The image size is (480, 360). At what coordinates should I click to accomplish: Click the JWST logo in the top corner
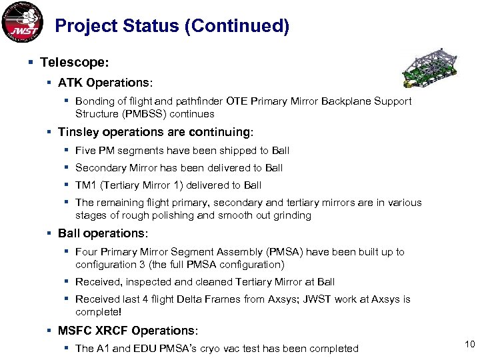23,23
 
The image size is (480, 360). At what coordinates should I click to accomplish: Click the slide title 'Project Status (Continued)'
172,26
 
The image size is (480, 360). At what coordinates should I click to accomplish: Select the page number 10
468,343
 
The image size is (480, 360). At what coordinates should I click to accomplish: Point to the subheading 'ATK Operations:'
105,83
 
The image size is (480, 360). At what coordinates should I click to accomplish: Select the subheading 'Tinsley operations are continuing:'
155,132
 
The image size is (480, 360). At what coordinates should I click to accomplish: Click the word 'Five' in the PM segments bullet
86,151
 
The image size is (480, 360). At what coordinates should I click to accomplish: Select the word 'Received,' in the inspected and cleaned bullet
99,282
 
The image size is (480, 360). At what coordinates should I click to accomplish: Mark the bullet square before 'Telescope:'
32,62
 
